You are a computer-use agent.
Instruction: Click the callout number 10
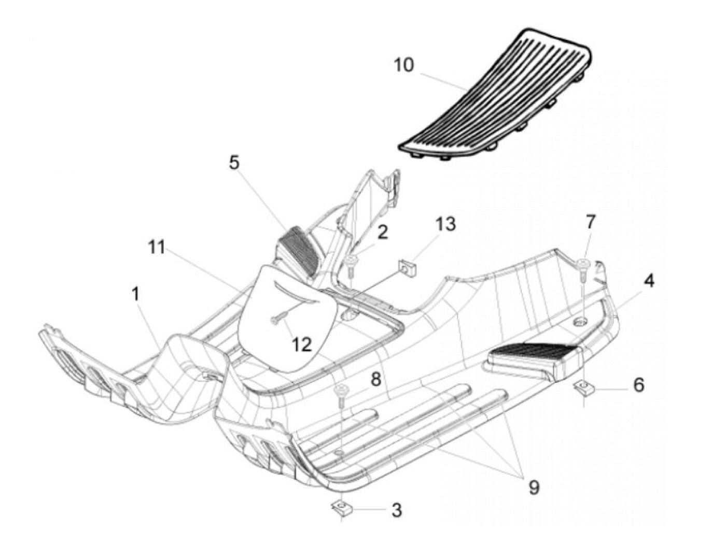pyautogui.click(x=404, y=66)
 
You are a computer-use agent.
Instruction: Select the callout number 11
pyautogui.click(x=156, y=248)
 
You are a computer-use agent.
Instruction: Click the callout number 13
pyautogui.click(x=445, y=224)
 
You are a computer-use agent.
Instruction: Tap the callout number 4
pyautogui.click(x=649, y=281)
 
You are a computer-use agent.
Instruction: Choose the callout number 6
pyautogui.click(x=638, y=385)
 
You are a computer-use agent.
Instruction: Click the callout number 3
pyautogui.click(x=396, y=510)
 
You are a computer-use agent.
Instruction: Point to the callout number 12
pyautogui.click(x=302, y=343)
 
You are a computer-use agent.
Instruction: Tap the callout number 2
pyautogui.click(x=382, y=232)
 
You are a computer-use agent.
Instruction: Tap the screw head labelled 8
pyautogui.click(x=342, y=389)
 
